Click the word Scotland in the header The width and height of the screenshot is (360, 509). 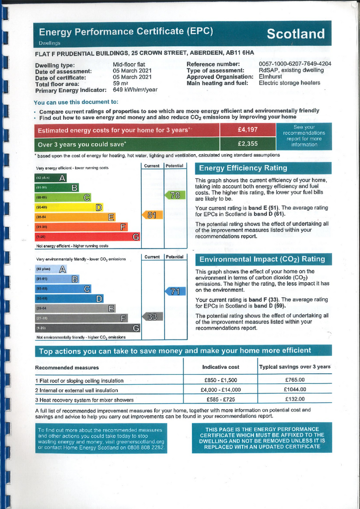295,34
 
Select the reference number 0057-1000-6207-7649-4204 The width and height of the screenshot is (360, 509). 295,64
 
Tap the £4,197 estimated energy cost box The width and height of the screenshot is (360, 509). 247,130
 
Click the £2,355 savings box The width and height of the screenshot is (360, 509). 247,144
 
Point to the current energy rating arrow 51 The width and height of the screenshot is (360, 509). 152,215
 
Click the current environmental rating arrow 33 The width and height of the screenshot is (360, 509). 152,317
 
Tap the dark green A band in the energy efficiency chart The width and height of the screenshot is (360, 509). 51,178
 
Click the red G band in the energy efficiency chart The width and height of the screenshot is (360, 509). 87,237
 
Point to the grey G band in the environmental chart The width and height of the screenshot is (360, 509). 87,328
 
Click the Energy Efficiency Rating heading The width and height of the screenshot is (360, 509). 243,168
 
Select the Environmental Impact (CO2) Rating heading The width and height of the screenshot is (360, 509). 262,259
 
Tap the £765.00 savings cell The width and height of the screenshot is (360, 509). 294,380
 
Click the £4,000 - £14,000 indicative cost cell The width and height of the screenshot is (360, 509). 220,390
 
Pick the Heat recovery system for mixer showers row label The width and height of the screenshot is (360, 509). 84,400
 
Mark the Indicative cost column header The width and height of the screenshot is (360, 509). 220,367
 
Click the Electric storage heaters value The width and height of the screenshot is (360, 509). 289,83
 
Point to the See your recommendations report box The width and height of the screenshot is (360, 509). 304,136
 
